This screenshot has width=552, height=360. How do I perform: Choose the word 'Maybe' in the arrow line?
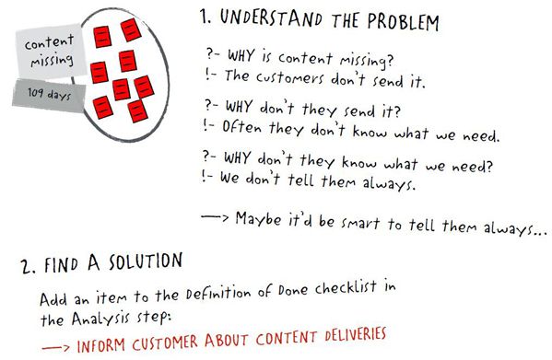click(x=259, y=220)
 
